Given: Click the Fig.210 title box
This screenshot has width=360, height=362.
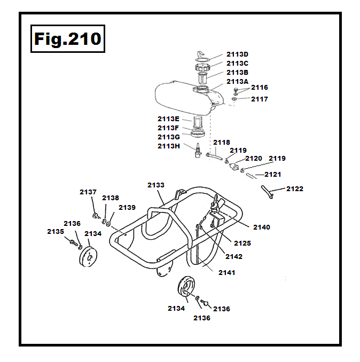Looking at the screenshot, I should coord(67,39).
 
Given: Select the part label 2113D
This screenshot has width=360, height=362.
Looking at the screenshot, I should coord(237,54).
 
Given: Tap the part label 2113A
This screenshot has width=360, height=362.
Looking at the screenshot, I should coord(237,81).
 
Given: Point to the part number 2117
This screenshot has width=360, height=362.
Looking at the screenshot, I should coord(260,99).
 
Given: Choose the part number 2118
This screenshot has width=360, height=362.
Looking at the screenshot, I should coord(222,142).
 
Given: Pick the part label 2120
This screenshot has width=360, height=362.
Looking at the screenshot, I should coord(254,159).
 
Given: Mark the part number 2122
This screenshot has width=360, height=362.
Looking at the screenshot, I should coord(295,188).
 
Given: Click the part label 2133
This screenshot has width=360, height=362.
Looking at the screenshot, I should coord(156,185).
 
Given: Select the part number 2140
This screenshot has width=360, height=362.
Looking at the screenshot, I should coord(262,227).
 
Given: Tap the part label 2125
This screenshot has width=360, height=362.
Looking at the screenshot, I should coord(242,243).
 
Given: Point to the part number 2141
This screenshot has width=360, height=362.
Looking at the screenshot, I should coord(226,272).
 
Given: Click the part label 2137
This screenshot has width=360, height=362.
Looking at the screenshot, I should coord(88,192).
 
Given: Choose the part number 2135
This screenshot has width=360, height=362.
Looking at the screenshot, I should coord(55,231).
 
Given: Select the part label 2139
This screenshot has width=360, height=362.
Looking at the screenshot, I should coord(127,207).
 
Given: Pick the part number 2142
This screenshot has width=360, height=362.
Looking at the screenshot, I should coord(234,256).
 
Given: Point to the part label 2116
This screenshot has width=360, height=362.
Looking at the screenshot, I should coord(260,87).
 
